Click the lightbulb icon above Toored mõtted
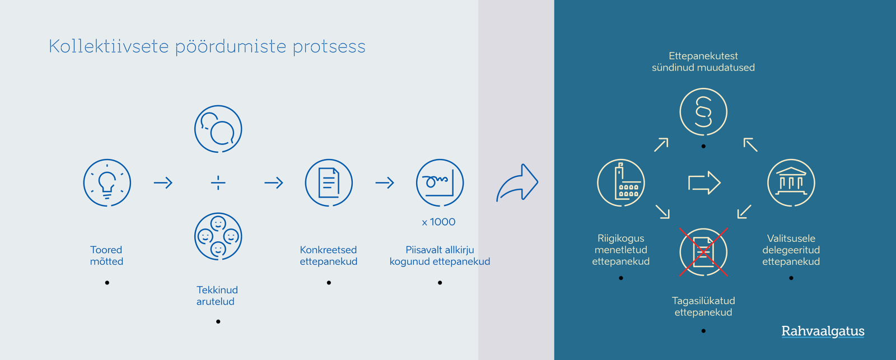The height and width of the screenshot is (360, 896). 107,183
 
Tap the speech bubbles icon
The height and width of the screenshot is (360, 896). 218,129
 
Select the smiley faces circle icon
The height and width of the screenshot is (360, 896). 218,236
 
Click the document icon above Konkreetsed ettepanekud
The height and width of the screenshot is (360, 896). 329,183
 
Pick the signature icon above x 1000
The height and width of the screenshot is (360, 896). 440,183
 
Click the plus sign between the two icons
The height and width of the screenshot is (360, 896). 218,183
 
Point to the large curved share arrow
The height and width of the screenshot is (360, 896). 517,183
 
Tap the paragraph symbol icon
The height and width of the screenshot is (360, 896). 703,112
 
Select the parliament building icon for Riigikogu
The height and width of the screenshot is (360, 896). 621,183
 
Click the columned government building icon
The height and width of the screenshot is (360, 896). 791,183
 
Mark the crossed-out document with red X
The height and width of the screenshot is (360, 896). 703,252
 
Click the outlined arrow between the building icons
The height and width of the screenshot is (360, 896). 704,183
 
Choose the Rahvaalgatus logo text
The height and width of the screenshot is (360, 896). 823,331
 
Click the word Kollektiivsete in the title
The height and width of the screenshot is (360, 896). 109,46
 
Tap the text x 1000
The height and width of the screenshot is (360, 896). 438,222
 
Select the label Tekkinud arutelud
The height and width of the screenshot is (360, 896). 217,296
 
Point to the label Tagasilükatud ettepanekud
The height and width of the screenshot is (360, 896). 703,306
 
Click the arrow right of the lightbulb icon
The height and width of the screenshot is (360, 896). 163,183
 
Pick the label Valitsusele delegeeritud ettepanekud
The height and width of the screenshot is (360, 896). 791,250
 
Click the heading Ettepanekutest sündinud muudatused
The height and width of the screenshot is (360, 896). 703,62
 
